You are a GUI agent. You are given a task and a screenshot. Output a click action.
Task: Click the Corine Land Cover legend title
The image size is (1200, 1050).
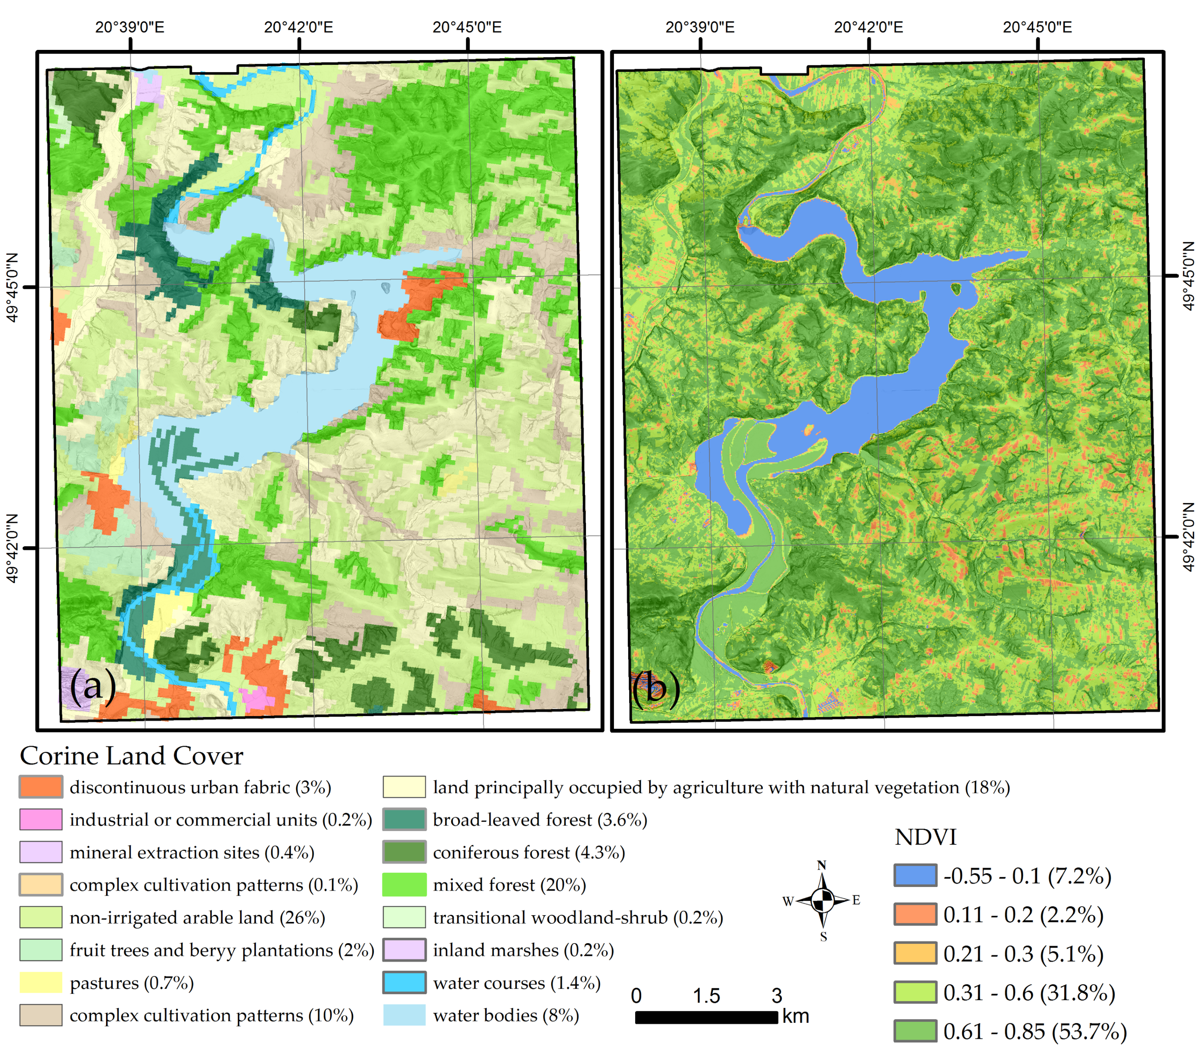click(x=131, y=756)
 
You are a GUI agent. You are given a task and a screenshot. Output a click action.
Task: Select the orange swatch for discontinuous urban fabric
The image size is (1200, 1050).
click(x=41, y=787)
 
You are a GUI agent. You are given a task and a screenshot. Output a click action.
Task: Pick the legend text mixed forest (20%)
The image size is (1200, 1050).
click(x=509, y=885)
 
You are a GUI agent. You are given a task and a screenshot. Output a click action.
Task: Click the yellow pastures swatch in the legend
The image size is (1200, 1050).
click(x=41, y=983)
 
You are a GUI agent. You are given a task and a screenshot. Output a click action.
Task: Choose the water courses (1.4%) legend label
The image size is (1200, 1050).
click(x=516, y=983)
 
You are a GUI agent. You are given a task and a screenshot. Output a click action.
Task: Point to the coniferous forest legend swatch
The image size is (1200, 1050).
click(x=404, y=852)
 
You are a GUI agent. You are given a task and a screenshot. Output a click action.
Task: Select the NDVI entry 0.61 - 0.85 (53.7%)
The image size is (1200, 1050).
click(x=1034, y=1031)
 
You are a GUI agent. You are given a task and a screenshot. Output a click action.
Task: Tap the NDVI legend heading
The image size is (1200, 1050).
click(x=925, y=837)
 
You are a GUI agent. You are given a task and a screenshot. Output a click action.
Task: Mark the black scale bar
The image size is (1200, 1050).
click(x=706, y=1017)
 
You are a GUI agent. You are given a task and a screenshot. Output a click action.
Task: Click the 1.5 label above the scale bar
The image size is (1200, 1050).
click(x=706, y=996)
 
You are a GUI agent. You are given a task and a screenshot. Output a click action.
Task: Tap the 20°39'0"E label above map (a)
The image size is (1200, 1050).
click(x=130, y=28)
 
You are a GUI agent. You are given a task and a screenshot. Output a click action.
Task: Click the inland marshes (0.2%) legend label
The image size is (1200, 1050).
click(x=523, y=950)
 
